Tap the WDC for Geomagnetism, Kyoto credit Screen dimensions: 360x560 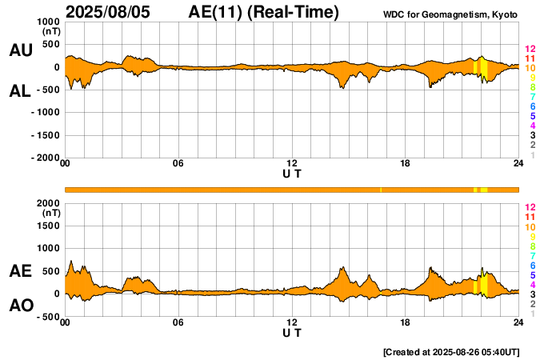coord(451,14)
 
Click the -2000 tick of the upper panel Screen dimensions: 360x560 coord(45,158)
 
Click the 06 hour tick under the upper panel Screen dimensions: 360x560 coord(178,164)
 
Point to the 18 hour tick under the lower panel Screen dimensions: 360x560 coord(406,322)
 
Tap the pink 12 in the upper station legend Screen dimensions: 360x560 coord(530,49)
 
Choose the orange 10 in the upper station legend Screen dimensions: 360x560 coord(530,68)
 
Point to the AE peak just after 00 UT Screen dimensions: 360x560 coord(71,262)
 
